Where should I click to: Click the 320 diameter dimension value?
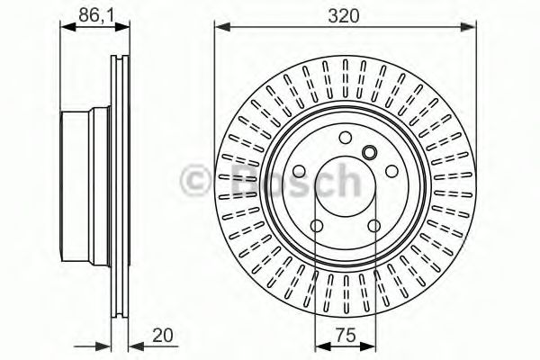[344, 16]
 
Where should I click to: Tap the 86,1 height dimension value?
[96, 15]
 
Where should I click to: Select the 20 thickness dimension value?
[162, 335]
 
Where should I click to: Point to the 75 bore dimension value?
[346, 335]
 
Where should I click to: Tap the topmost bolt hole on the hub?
[345, 138]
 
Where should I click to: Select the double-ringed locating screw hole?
[370, 152]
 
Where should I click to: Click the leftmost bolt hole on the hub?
[299, 172]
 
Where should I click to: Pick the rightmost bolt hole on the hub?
[391, 171]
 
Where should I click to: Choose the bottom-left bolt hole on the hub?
[317, 226]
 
